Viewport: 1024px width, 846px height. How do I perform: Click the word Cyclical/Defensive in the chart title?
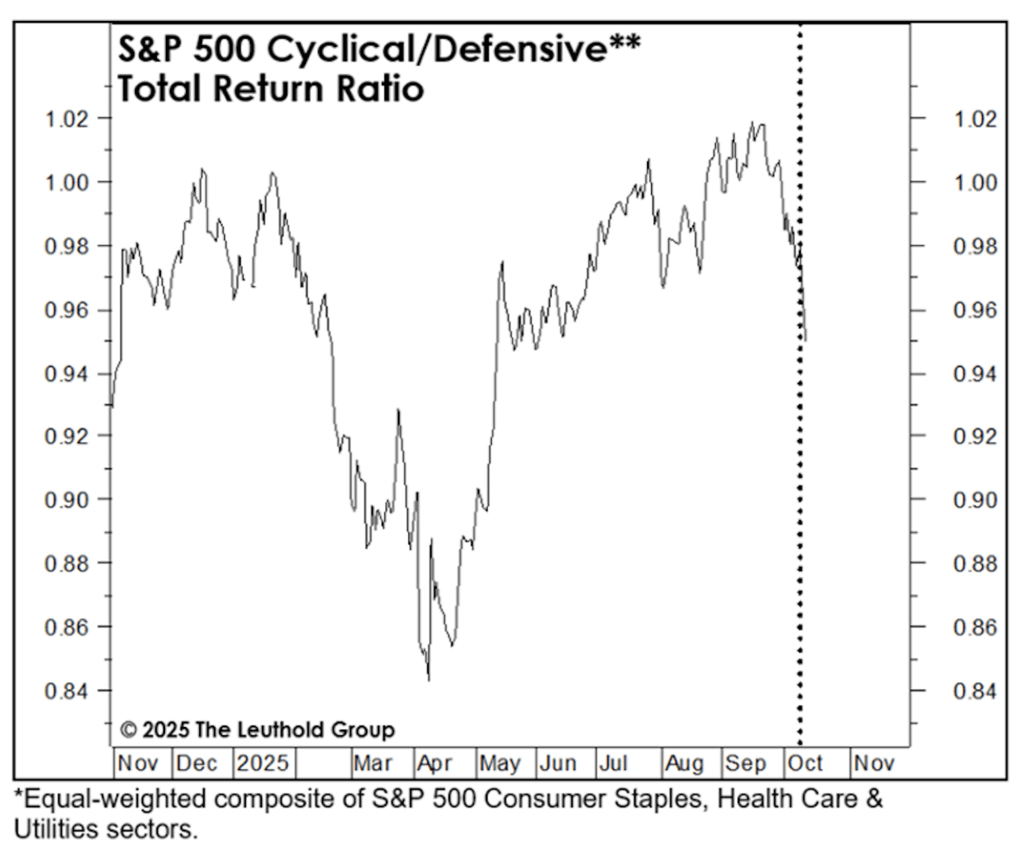coord(437,50)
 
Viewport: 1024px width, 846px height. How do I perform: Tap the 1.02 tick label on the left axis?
coord(65,119)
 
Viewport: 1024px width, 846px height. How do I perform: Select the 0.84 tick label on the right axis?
coord(975,692)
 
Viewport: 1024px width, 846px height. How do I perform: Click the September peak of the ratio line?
coord(752,123)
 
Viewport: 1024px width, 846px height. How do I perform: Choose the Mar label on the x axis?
coord(373,764)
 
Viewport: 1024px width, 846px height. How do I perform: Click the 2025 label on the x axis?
coord(262,764)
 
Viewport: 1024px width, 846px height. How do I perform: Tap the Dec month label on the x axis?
coord(197,764)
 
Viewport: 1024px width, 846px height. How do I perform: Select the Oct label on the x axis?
coord(805,764)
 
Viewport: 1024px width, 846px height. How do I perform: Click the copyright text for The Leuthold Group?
coord(257,730)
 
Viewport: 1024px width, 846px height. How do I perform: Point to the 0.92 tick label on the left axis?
coord(65,437)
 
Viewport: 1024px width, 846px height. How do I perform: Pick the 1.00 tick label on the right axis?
coord(975,183)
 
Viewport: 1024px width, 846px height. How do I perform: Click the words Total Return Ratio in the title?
coord(270,88)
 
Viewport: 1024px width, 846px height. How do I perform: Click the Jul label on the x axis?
coord(613,764)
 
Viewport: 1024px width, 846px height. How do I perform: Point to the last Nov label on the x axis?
coord(874,764)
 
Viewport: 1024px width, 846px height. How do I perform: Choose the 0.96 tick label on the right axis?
coord(975,311)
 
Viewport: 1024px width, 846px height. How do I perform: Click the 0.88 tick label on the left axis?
coord(65,563)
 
